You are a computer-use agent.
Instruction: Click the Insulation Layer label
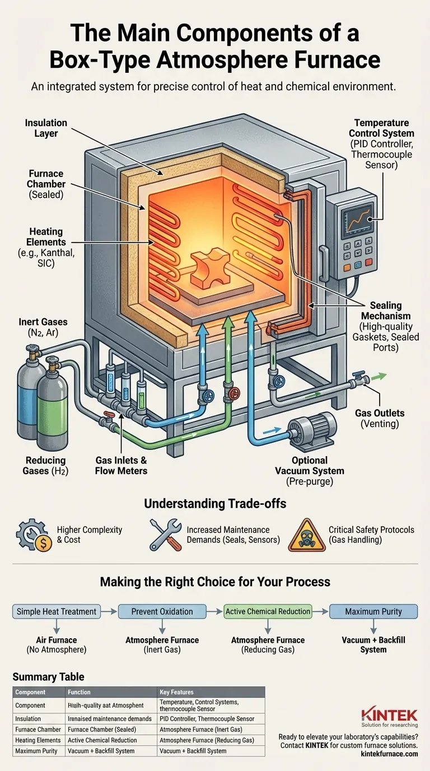(x=46, y=128)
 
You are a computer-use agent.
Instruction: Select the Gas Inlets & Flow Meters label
(x=121, y=466)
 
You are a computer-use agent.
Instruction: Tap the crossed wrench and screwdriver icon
(x=165, y=535)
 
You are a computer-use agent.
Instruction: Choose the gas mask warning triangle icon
(x=306, y=536)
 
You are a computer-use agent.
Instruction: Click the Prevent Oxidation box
(x=162, y=611)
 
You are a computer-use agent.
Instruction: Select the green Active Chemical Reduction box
(x=268, y=611)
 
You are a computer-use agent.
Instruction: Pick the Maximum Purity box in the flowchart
(x=373, y=611)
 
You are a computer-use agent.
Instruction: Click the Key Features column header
(x=177, y=692)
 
